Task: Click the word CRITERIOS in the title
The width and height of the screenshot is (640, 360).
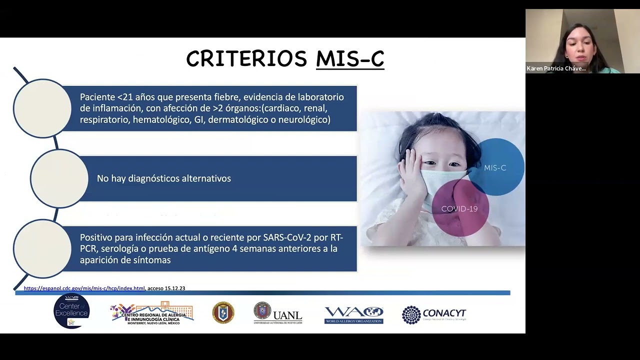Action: [246, 59]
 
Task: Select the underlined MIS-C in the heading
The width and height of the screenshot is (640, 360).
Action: [350, 59]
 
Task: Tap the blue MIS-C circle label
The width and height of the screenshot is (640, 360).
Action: [495, 168]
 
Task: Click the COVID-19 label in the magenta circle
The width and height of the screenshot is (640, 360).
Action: [459, 209]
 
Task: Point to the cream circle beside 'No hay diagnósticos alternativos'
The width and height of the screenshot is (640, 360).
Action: [59, 178]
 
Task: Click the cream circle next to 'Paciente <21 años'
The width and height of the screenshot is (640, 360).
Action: [42, 108]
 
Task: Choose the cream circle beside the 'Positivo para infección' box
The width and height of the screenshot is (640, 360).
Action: [42, 248]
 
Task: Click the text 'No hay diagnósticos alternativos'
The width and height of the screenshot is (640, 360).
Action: [164, 178]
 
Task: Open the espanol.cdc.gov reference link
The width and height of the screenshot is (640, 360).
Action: [84, 288]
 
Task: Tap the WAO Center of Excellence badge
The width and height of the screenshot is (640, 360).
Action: [71, 311]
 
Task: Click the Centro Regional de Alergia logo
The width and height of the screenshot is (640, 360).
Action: [152, 313]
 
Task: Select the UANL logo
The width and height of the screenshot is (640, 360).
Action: [278, 313]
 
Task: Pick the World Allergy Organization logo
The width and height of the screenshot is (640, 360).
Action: [354, 314]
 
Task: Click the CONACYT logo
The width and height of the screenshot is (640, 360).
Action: [434, 314]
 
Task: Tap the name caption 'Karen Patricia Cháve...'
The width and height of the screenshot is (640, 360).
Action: [556, 68]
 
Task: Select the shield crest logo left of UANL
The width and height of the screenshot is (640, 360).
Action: [223, 312]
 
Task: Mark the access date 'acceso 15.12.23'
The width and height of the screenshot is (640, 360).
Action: [166, 288]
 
